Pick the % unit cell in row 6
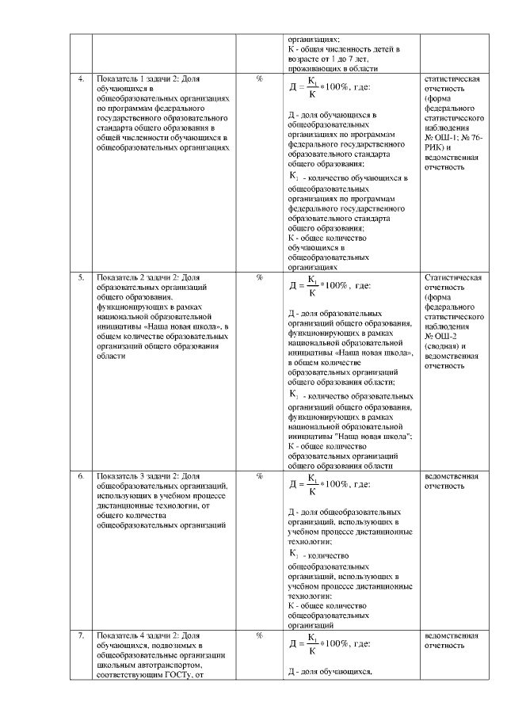(259, 476)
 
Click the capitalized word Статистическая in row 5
(453, 278)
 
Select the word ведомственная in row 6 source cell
(452, 476)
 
